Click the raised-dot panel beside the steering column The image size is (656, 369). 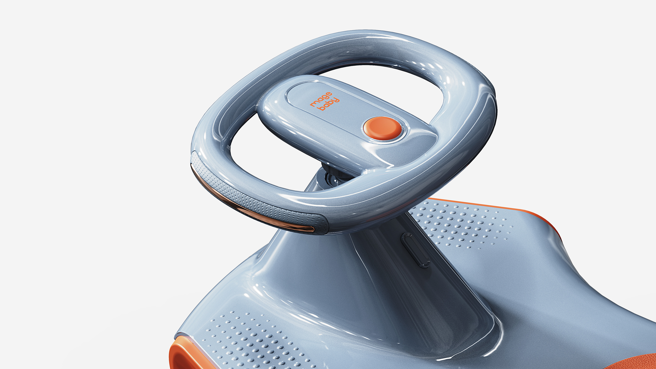[458, 224]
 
